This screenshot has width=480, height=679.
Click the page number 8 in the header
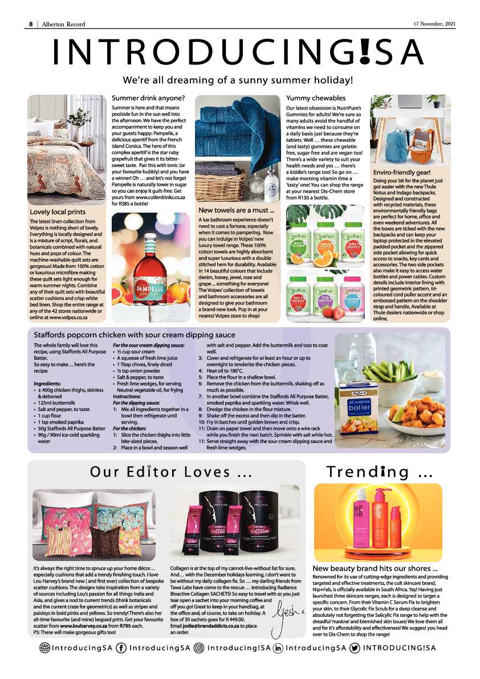pyautogui.click(x=31, y=23)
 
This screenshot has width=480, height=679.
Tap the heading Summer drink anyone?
pyautogui.click(x=148, y=98)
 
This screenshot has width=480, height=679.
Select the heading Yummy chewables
pyautogui.click(x=316, y=98)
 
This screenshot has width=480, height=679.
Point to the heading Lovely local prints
pyautogui.click(x=58, y=212)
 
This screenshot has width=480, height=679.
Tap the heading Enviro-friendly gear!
pyautogui.click(x=402, y=172)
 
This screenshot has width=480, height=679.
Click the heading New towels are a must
pyautogui.click(x=236, y=212)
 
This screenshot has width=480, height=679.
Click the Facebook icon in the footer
pyautogui.click(x=121, y=648)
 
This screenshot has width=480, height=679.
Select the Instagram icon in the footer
pyautogui.click(x=199, y=648)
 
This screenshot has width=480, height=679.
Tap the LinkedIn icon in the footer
pyautogui.click(x=278, y=648)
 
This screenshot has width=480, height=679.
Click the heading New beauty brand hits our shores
pyautogui.click(x=375, y=568)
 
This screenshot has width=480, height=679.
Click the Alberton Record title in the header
pyautogui.click(x=63, y=23)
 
